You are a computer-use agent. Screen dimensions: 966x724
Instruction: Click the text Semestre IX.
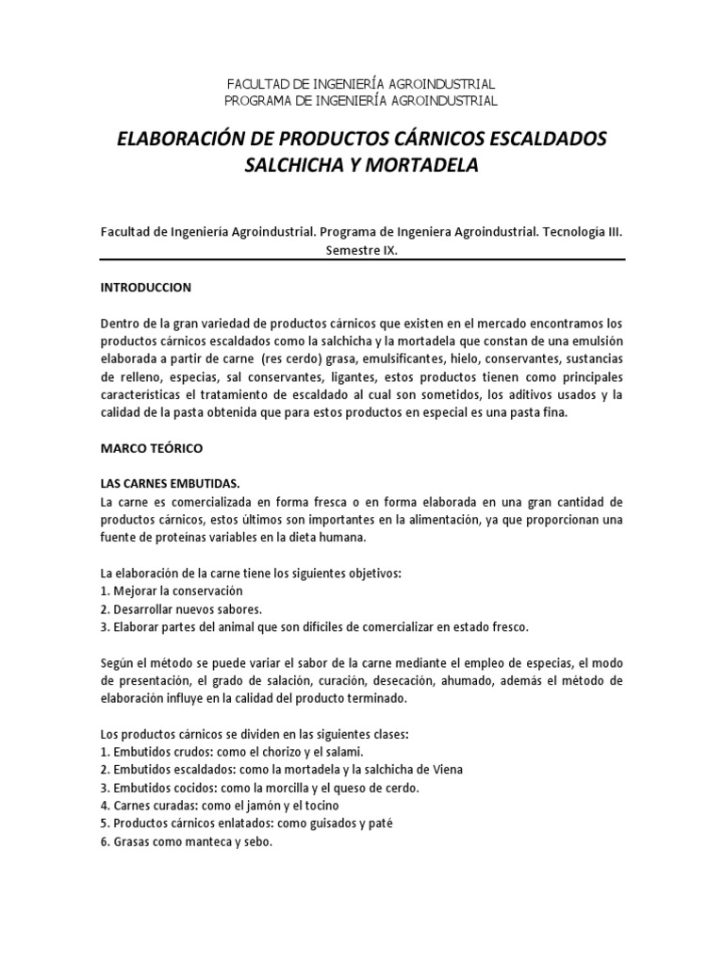pos(362,250)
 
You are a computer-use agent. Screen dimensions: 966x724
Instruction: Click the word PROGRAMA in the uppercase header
pos(260,100)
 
